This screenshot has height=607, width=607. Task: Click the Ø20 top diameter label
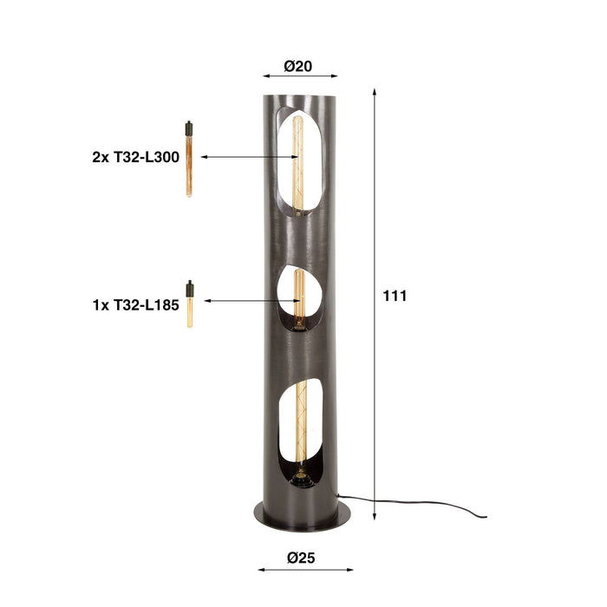pyautogui.click(x=298, y=66)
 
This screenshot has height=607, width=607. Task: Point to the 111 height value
pyautogui.click(x=395, y=296)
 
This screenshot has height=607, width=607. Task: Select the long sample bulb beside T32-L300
pyautogui.click(x=188, y=165)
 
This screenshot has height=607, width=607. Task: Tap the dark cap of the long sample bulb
pyautogui.click(x=188, y=130)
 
